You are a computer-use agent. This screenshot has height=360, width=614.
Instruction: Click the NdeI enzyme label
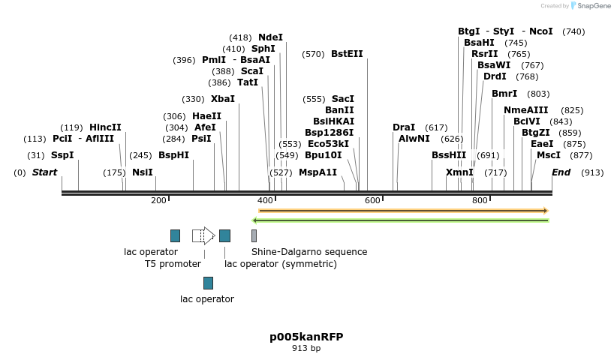270,37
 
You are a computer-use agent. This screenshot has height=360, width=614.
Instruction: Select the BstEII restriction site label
347,54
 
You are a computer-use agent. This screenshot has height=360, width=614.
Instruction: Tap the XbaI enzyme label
223,99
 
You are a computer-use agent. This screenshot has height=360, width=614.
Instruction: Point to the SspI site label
62,155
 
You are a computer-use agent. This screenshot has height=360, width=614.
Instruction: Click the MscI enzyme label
549,155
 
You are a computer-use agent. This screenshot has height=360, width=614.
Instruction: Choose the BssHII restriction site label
449,155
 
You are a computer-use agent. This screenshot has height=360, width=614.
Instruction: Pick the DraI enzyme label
404,127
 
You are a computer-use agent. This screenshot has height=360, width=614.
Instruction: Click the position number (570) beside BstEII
314,54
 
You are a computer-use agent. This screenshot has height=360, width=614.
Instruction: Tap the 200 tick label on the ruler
158,201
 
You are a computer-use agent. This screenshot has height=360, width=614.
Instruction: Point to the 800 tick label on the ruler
480,201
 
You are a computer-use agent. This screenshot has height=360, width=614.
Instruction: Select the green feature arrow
401,220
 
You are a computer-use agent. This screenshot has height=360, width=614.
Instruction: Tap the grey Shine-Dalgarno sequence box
254,235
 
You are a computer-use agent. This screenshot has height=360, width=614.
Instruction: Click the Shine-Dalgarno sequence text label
309,252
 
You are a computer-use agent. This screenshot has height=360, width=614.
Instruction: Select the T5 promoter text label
173,264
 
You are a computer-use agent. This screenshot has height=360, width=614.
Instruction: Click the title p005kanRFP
306,337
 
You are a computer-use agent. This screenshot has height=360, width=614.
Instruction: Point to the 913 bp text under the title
306,348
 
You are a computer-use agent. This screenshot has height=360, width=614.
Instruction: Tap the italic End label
561,172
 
